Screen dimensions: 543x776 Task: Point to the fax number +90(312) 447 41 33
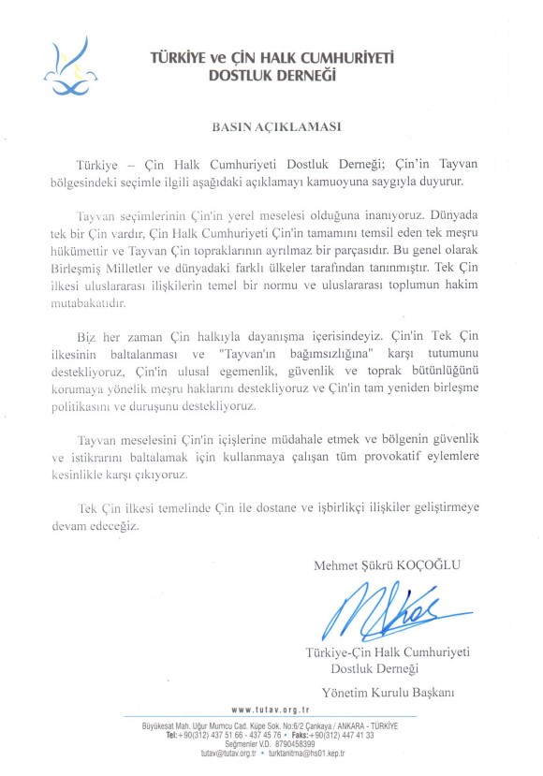click(x=340, y=735)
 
